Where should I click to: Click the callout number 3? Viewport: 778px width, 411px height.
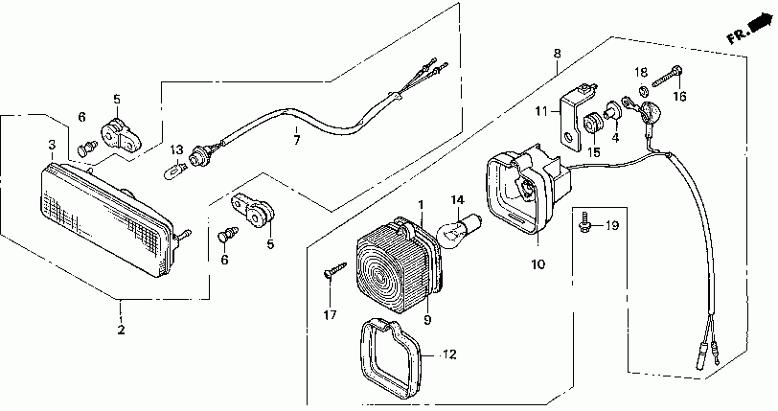(x=52, y=145)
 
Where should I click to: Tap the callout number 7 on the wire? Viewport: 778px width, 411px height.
(x=296, y=141)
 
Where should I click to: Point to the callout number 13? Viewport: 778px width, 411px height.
(x=176, y=150)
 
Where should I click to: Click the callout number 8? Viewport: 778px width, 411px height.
(x=557, y=55)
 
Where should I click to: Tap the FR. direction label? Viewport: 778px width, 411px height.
(x=739, y=36)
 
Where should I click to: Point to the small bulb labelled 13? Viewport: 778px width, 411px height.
(x=175, y=172)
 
